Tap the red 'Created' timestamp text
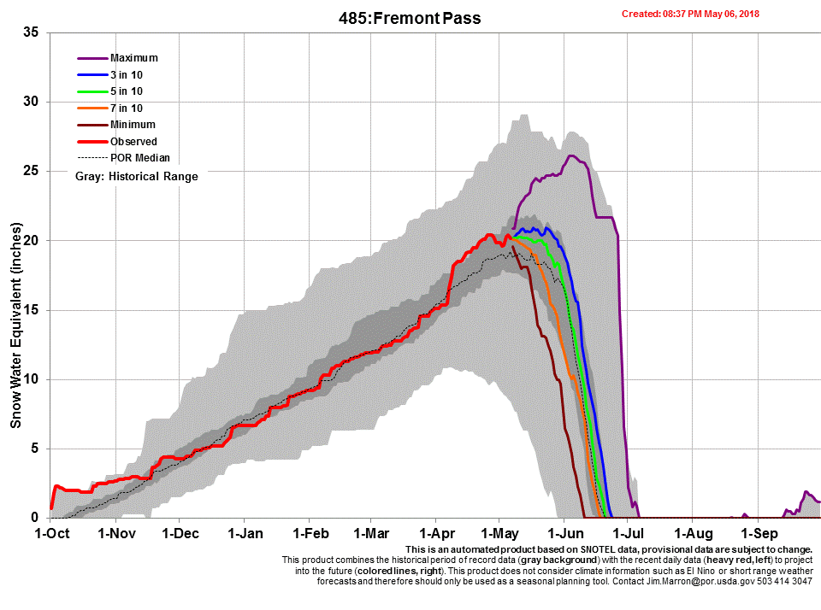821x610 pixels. pyautogui.click(x=690, y=14)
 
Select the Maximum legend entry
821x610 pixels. pyautogui.click(x=133, y=58)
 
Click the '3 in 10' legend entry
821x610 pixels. pyautogui.click(x=127, y=75)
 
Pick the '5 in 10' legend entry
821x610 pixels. pyautogui.click(x=127, y=91)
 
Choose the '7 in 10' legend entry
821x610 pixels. pyautogui.click(x=127, y=109)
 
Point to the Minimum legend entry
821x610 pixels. pyautogui.click(x=132, y=125)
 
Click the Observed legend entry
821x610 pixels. pyautogui.click(x=133, y=142)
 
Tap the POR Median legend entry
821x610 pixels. pyautogui.click(x=139, y=158)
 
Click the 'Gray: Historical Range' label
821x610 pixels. pyautogui.click(x=137, y=177)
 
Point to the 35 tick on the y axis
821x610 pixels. pyautogui.click(x=30, y=32)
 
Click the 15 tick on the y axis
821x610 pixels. pyautogui.click(x=30, y=310)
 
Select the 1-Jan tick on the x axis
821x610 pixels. pyautogui.click(x=245, y=534)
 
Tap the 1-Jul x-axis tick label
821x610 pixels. pyautogui.click(x=628, y=534)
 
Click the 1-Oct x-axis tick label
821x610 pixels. pyautogui.click(x=51, y=534)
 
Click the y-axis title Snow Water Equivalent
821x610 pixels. pyautogui.click(x=15, y=325)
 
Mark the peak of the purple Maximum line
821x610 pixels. pyautogui.click(x=571, y=155)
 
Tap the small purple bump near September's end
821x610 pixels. pyautogui.click(x=806, y=493)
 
